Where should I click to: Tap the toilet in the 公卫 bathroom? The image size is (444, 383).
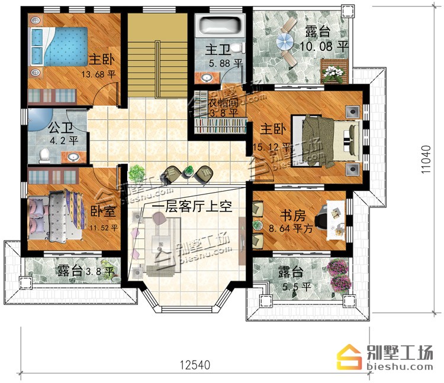pos(44,156)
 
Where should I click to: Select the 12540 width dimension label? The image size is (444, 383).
pos(195,365)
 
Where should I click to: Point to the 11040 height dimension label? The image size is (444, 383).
pos(426,159)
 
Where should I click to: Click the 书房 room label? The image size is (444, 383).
pos(293,216)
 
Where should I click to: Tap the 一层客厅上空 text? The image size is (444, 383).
pos(192,207)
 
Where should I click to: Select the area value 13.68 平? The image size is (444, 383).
pos(98,74)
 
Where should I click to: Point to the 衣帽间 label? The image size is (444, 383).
pos(223,103)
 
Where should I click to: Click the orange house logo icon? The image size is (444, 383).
pos(349,357)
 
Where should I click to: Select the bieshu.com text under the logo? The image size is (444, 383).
pos(400,366)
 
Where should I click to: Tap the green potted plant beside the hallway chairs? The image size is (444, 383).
pos(136,172)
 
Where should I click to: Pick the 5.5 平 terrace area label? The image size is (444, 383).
pos(297,287)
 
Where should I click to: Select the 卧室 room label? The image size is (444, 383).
pos(103,211)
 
